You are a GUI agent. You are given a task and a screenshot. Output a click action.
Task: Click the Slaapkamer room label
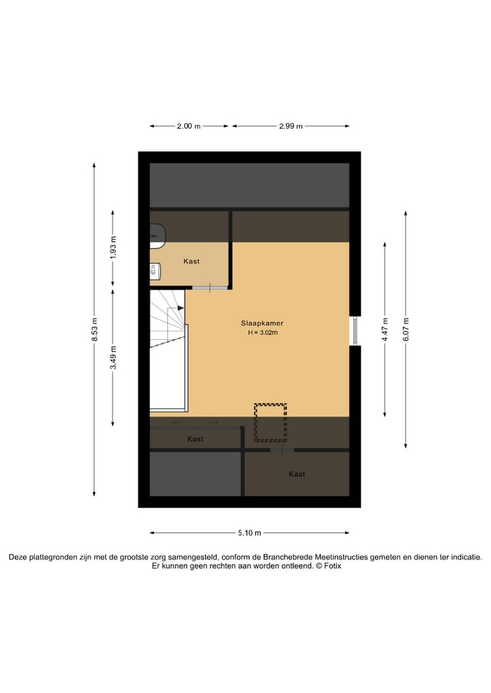click(261, 323)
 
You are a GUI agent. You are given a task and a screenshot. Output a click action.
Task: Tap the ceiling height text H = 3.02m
click(263, 333)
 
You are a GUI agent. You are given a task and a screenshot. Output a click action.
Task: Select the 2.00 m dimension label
click(189, 126)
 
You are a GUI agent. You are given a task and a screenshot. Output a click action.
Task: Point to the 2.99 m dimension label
click(291, 126)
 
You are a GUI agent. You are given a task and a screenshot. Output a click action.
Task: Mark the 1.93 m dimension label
click(114, 246)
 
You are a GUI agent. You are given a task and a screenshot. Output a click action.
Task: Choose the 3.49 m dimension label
click(114, 357)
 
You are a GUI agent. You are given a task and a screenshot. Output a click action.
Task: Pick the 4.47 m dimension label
click(385, 329)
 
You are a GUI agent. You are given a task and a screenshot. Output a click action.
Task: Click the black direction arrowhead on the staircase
click(181, 308)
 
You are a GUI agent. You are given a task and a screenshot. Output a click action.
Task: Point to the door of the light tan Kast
click(209, 288)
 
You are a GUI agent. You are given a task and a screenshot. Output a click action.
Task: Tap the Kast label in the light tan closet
click(192, 261)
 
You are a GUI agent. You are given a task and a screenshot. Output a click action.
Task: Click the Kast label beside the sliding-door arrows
click(196, 440)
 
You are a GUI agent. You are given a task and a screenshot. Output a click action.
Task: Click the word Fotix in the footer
click(333, 566)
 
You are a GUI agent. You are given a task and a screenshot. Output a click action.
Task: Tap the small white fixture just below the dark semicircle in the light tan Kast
click(155, 271)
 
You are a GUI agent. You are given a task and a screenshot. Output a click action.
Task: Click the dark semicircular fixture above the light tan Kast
click(157, 234)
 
